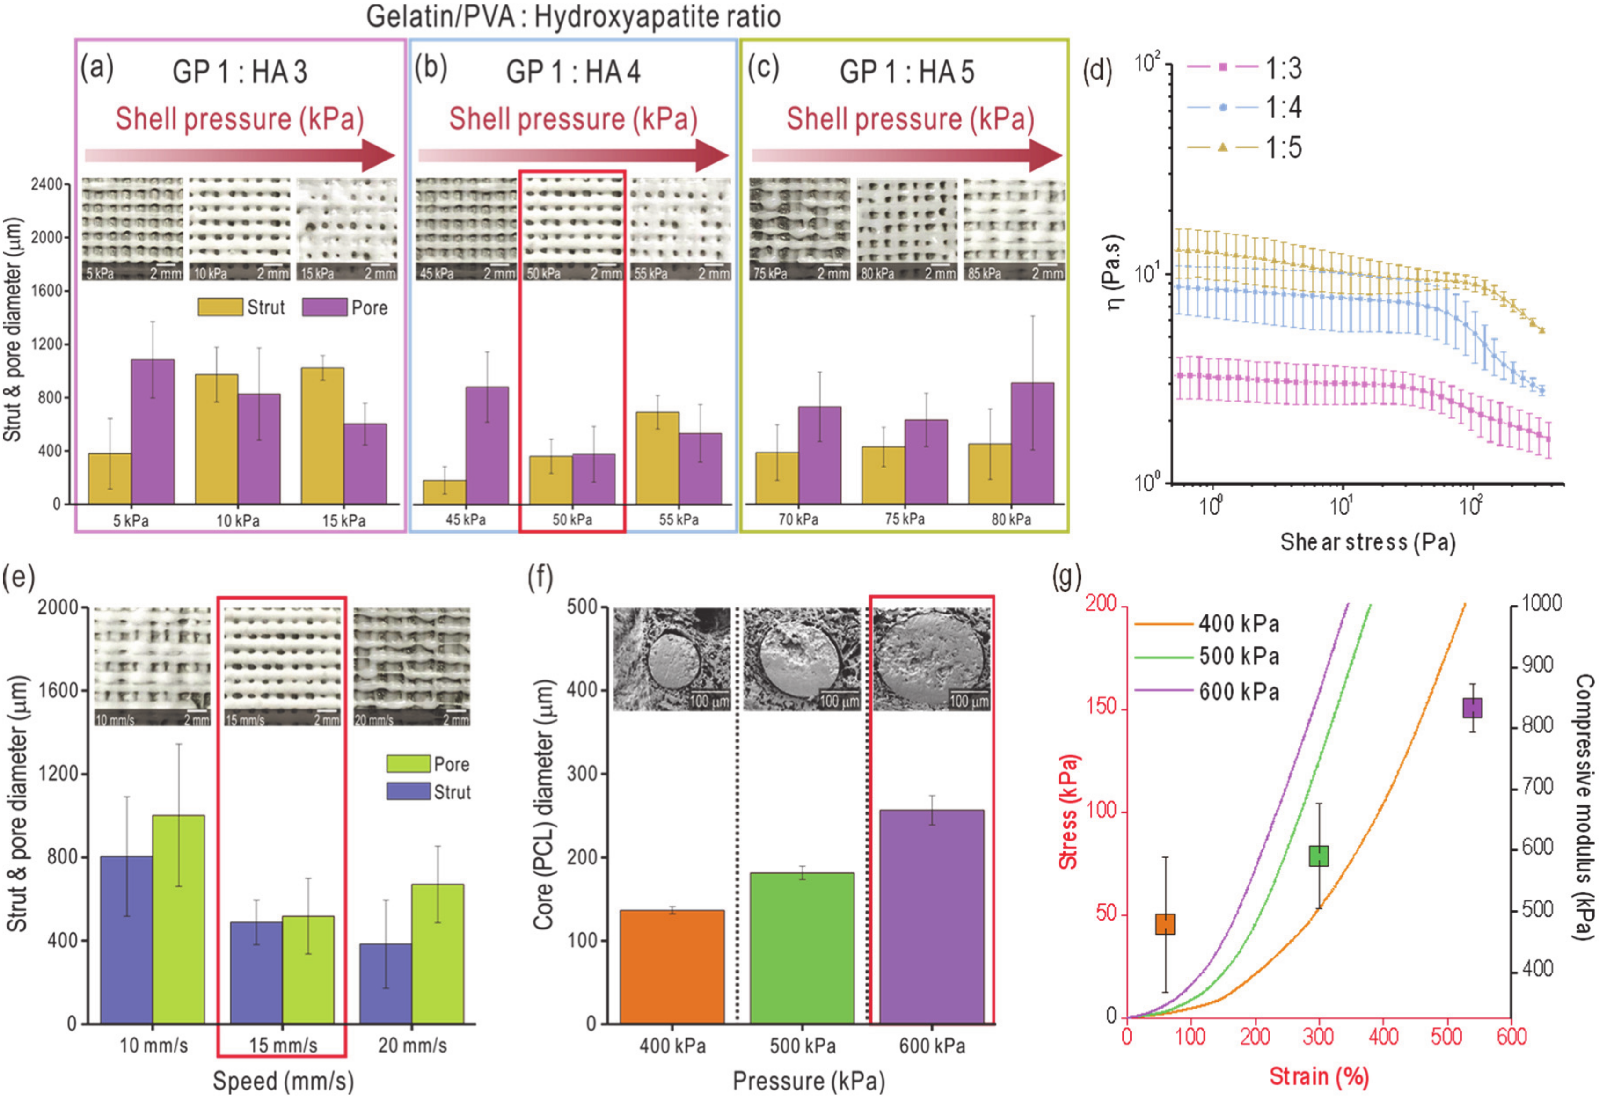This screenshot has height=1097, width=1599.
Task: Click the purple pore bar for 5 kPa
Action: click(x=152, y=431)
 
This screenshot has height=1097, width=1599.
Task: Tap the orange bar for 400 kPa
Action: click(x=672, y=966)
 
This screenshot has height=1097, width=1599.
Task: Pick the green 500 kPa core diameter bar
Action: click(x=802, y=948)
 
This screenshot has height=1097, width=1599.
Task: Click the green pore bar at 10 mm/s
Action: click(x=179, y=919)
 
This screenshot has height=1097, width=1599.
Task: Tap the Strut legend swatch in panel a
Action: click(x=220, y=307)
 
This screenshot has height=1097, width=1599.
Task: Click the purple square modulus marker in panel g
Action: click(x=1472, y=708)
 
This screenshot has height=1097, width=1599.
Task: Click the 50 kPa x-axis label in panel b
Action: click(x=572, y=519)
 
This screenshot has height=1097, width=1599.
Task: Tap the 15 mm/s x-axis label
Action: click(x=283, y=1046)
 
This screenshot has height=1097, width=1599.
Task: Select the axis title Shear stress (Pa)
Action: click(x=1367, y=542)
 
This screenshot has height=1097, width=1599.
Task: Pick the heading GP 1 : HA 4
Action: click(x=573, y=72)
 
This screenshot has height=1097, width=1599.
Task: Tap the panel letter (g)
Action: click(x=1066, y=577)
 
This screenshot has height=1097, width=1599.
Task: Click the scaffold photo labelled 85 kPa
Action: click(x=1014, y=229)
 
